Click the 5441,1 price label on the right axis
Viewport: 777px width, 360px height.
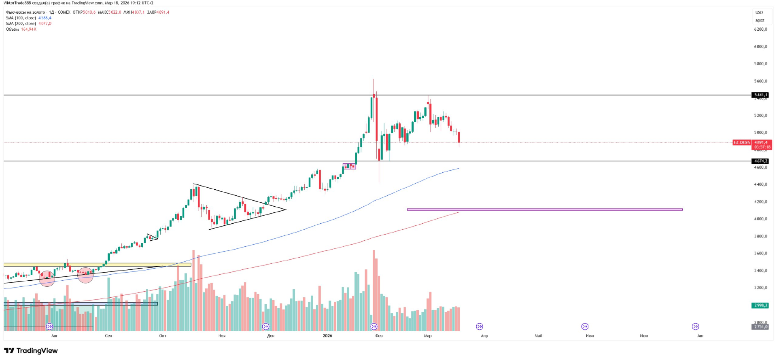pos(760,95)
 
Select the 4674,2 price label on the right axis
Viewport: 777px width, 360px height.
pos(760,161)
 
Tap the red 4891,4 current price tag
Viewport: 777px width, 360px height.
pos(761,142)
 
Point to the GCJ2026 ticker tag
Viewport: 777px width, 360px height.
pos(742,142)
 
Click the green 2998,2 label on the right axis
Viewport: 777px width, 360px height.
pos(760,305)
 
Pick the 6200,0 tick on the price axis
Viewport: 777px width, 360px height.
pos(760,29)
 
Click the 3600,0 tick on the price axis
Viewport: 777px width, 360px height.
pos(760,253)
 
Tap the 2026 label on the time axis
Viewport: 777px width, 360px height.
pos(327,336)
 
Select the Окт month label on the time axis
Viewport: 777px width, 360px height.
pos(163,336)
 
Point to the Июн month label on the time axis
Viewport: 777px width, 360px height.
pos(590,336)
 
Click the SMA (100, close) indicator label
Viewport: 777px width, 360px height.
pos(21,18)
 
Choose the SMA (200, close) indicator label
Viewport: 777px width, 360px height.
pos(21,23)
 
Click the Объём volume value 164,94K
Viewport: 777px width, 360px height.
pos(29,29)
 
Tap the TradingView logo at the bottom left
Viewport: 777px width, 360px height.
pos(31,351)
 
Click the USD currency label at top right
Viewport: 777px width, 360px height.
pos(759,13)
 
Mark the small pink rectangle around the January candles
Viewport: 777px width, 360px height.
pos(349,166)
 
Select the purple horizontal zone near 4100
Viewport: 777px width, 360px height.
pos(545,210)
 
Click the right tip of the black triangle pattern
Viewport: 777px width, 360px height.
pos(286,210)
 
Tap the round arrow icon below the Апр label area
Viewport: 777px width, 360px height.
pos(480,326)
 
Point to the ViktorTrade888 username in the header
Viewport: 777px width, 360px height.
pos(17,3)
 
